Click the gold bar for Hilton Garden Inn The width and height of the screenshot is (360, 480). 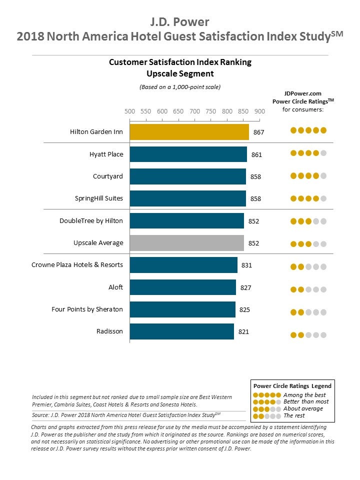(189, 132)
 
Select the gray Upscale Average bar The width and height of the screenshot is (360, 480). (186, 243)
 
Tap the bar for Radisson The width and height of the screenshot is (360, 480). (181, 331)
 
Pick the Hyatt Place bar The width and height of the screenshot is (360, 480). (188, 154)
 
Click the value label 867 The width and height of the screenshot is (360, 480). (258, 132)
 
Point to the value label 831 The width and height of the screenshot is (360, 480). (246, 265)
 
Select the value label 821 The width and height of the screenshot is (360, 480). (243, 331)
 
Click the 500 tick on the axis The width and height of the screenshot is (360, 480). (129, 111)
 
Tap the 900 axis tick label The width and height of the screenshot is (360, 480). (259, 111)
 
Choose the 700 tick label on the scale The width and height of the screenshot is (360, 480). (194, 111)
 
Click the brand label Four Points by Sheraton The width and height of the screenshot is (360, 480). (87, 309)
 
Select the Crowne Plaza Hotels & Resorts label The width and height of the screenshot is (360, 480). (77, 265)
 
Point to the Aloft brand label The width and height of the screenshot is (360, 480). (116, 287)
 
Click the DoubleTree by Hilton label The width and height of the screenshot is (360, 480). (91, 221)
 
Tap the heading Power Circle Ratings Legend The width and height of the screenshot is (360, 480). (292, 386)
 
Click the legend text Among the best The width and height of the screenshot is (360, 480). (304, 395)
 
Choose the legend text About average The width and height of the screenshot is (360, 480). (303, 408)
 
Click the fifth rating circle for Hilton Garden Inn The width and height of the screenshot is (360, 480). (323, 130)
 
